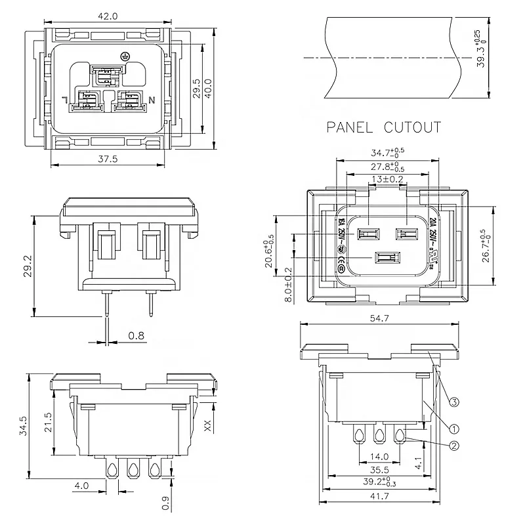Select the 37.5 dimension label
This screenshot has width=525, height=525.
[110, 158]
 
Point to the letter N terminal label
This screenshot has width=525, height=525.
[152, 100]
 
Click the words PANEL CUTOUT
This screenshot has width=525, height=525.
[384, 127]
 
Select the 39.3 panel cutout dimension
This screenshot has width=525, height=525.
[482, 49]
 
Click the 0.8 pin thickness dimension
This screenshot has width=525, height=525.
[136, 336]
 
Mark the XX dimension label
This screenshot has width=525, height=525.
[208, 425]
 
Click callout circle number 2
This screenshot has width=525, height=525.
[453, 446]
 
